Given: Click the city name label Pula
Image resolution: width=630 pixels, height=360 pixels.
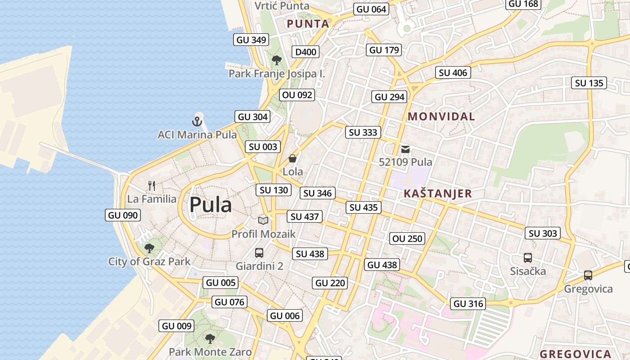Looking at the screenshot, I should (x=211, y=205).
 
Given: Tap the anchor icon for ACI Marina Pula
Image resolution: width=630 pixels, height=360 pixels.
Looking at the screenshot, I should (x=197, y=121).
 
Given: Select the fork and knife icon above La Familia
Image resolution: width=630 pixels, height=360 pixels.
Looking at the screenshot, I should (x=152, y=185).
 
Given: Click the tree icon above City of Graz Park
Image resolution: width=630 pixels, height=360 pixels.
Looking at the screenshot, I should (x=149, y=248).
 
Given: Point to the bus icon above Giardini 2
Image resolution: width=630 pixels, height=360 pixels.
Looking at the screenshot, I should (x=259, y=252).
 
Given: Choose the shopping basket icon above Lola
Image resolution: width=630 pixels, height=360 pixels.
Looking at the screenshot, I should (x=292, y=158).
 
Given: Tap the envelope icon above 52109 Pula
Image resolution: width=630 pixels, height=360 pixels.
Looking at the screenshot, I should (x=405, y=149).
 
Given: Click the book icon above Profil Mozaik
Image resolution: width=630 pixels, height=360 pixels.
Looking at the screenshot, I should (x=263, y=220).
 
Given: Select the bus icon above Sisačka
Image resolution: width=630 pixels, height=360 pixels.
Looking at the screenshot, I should (x=528, y=258).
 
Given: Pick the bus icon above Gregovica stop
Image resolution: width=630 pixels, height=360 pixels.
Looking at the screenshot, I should (x=588, y=275).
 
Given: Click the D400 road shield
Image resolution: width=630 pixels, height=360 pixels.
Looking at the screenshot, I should (x=306, y=52).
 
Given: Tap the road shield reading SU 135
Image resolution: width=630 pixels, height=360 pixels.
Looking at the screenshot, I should (x=589, y=83).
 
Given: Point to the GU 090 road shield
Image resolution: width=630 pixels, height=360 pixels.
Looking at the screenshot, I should (x=123, y=215).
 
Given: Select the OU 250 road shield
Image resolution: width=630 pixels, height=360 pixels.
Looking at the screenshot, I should (x=408, y=238).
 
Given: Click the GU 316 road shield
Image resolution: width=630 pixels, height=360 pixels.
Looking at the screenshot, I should (x=468, y=304).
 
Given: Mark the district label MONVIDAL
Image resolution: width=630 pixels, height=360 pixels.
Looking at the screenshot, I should (x=441, y=117).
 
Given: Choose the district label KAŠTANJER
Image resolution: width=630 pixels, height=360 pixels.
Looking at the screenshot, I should (x=437, y=194).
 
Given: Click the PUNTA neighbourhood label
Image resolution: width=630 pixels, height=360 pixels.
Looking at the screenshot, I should (x=308, y=24).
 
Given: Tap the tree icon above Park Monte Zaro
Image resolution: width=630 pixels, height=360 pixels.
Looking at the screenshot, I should (x=210, y=338).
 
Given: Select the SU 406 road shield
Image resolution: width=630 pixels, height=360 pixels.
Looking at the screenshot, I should (x=453, y=72).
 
